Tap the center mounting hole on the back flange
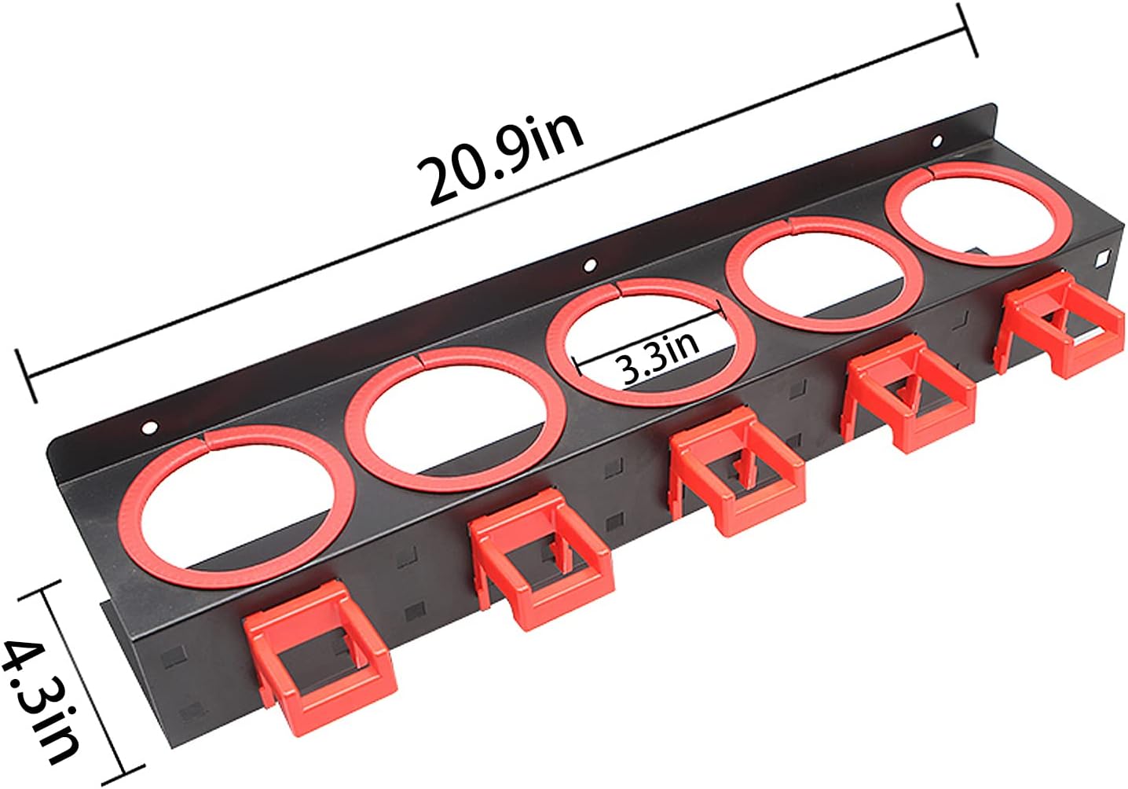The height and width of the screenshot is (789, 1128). [x=590, y=266]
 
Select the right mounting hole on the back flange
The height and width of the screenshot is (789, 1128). [x=936, y=141]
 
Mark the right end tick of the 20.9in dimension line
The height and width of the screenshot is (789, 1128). [x=968, y=30]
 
